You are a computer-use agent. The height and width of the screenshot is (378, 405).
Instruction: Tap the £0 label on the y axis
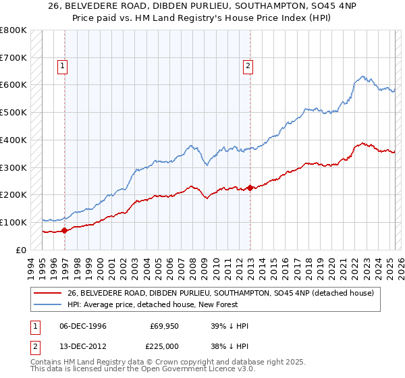point(21,250)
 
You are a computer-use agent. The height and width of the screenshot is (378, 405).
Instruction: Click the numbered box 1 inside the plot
point(63,66)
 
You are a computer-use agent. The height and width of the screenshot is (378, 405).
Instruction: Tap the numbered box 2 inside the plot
point(248,66)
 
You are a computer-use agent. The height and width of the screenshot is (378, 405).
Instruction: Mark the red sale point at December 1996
point(65,230)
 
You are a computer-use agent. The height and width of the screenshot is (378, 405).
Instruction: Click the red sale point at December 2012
point(250,188)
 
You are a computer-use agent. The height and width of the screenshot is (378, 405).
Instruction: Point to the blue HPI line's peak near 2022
point(362,76)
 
